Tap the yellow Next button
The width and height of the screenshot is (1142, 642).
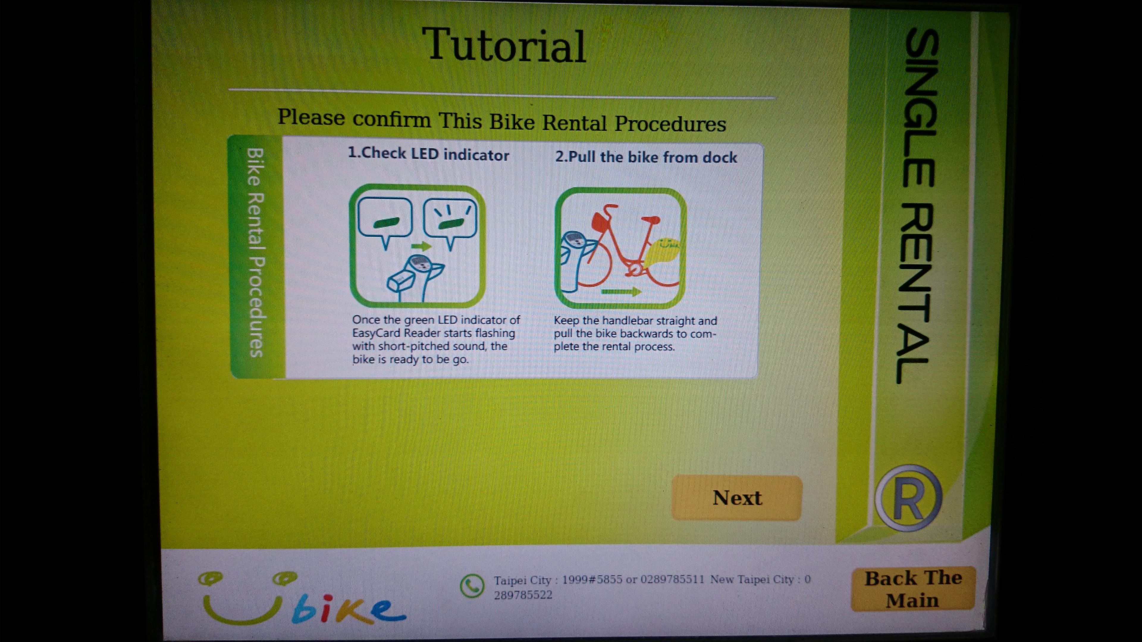(x=737, y=498)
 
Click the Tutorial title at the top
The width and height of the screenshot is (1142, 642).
(x=504, y=46)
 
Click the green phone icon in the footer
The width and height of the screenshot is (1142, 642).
(x=472, y=586)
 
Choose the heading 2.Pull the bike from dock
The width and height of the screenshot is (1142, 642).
(x=646, y=157)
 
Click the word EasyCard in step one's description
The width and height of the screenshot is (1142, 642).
(x=377, y=333)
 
